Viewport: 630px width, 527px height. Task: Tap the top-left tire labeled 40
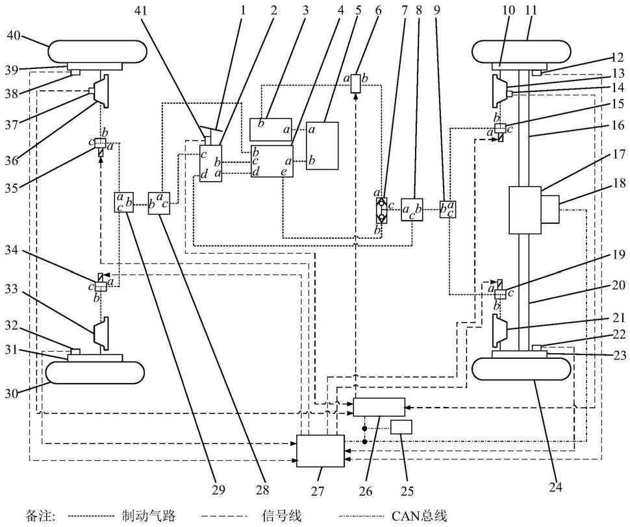tap(97, 51)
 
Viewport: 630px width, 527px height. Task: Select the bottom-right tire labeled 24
tap(522, 370)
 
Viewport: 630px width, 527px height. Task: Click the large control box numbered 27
tap(320, 450)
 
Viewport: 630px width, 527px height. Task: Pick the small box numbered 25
tap(401, 427)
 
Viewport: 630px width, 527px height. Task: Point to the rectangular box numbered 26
tap(379, 407)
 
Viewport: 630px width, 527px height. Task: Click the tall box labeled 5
tap(322, 145)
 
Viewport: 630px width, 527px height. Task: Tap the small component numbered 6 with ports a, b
tap(355, 83)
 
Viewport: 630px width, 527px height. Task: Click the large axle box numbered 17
tap(525, 210)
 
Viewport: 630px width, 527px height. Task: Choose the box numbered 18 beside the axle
tap(550, 209)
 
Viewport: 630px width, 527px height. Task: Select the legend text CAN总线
tap(419, 515)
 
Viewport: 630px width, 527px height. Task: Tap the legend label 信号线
tap(281, 515)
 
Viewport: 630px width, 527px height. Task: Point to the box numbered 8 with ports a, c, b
tap(412, 209)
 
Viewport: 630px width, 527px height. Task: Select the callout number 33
tap(13, 289)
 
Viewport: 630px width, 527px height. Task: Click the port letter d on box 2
tap(205, 174)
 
